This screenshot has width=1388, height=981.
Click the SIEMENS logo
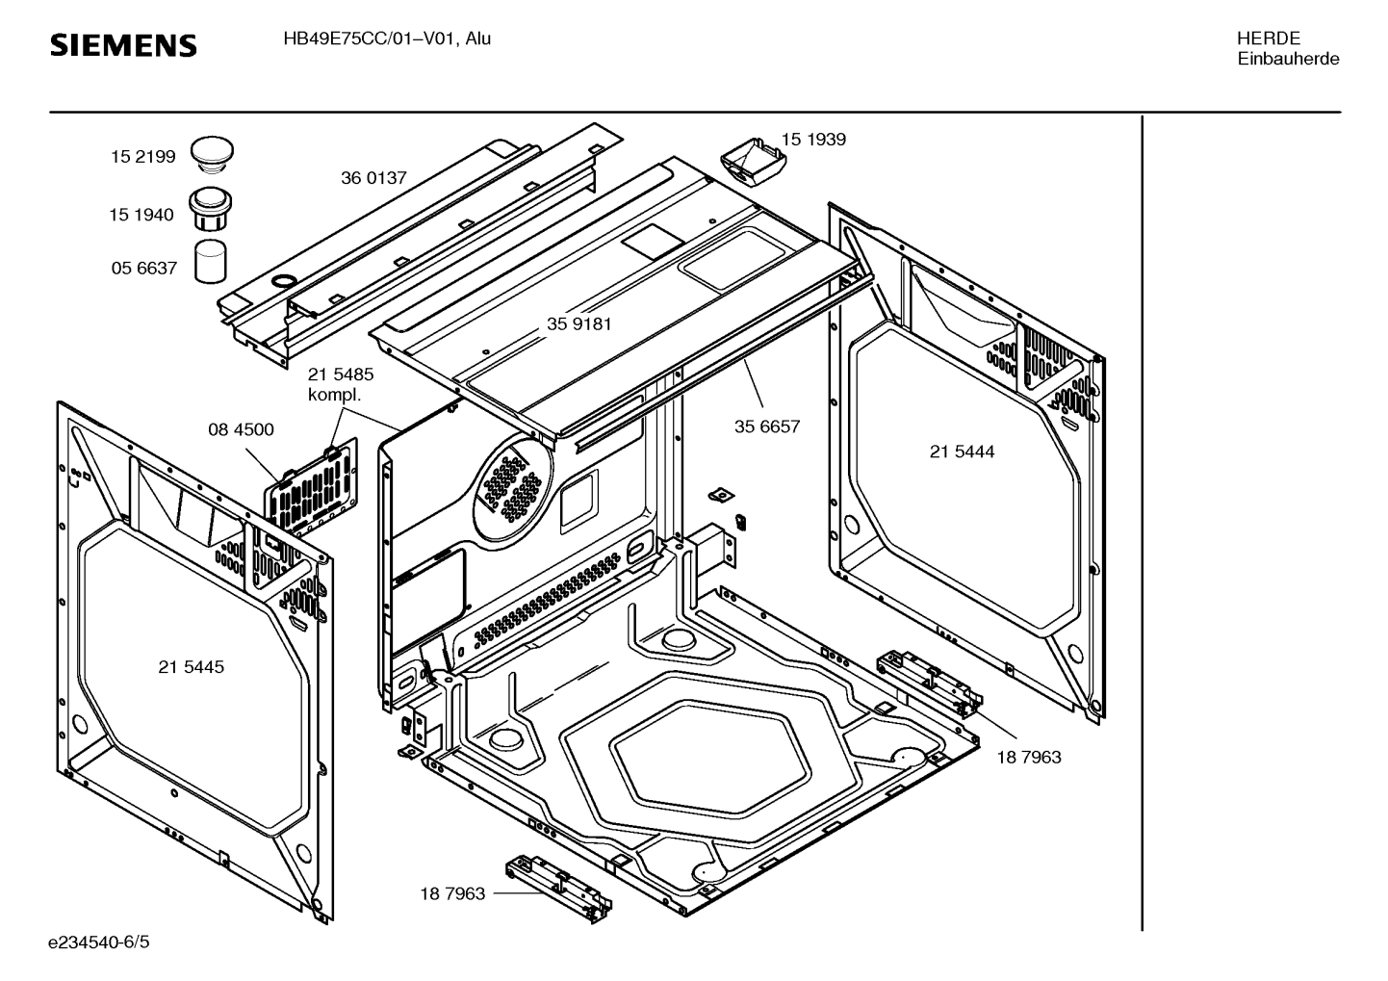click(123, 45)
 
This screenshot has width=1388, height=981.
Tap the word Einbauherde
click(1288, 59)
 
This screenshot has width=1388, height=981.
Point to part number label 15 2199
click(142, 157)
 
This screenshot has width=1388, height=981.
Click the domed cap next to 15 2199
click(212, 152)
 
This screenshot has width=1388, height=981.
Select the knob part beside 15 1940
click(211, 208)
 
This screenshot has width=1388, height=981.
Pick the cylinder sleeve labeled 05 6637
click(212, 262)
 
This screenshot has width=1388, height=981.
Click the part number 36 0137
click(373, 178)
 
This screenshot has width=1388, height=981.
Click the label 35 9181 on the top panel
click(579, 324)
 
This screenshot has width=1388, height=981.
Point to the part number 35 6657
click(767, 426)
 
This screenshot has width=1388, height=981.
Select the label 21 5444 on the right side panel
click(962, 452)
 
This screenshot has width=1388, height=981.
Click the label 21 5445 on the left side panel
click(191, 667)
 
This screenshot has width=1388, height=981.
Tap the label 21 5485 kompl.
click(341, 384)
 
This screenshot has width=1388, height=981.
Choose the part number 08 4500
click(241, 429)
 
